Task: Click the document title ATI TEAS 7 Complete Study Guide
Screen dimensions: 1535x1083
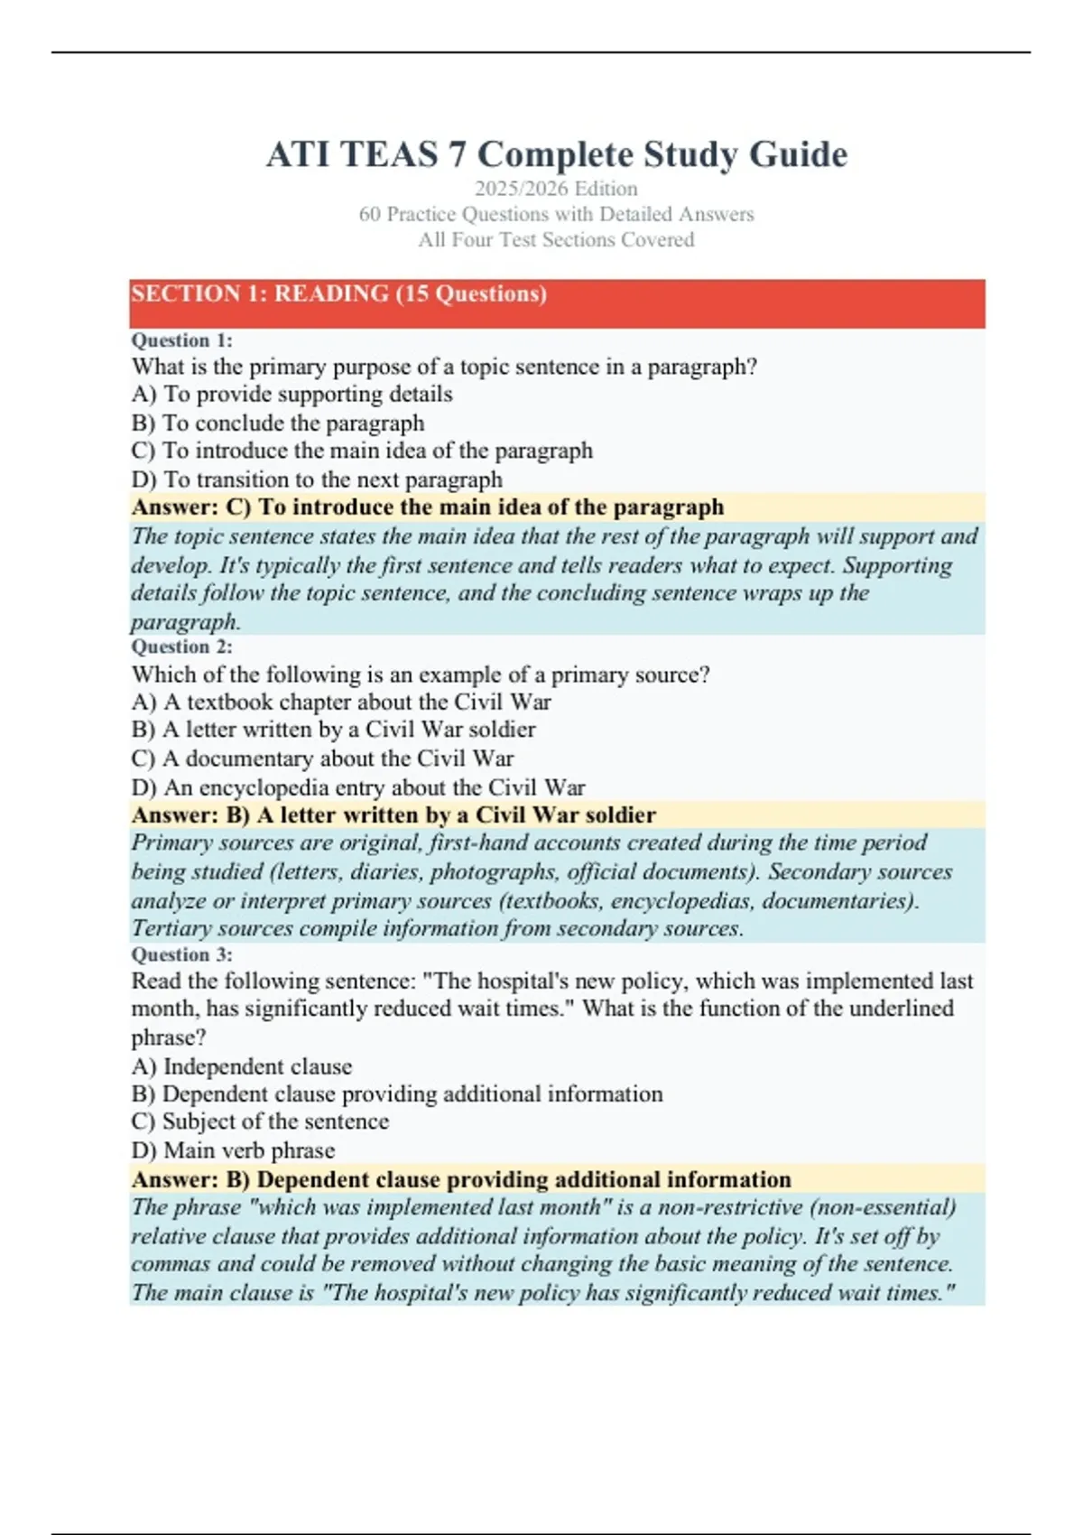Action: point(556,154)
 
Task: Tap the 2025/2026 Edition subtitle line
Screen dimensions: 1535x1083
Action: point(556,189)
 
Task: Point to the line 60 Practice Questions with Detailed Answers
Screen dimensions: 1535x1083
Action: point(556,214)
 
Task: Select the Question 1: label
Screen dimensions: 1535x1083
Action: point(182,340)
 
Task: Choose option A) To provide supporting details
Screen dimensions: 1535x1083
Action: point(292,395)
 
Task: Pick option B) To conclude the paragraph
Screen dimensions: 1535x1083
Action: point(278,423)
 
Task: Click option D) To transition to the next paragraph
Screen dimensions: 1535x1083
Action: point(317,479)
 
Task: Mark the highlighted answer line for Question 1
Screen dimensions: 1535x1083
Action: point(428,507)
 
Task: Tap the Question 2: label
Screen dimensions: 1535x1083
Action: point(182,647)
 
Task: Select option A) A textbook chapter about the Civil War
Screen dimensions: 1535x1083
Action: point(341,702)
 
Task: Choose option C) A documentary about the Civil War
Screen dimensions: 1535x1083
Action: point(323,758)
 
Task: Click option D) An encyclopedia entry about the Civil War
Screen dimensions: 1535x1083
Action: point(358,787)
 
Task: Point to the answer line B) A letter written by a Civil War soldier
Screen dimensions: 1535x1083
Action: point(393,815)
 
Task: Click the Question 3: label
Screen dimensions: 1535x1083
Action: point(182,954)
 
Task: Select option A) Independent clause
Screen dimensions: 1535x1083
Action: point(242,1066)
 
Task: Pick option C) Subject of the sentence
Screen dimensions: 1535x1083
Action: point(261,1121)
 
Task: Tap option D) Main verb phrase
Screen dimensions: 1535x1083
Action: point(234,1150)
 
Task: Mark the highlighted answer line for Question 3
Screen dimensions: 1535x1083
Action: point(461,1179)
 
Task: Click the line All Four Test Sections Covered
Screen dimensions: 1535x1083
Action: point(556,240)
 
